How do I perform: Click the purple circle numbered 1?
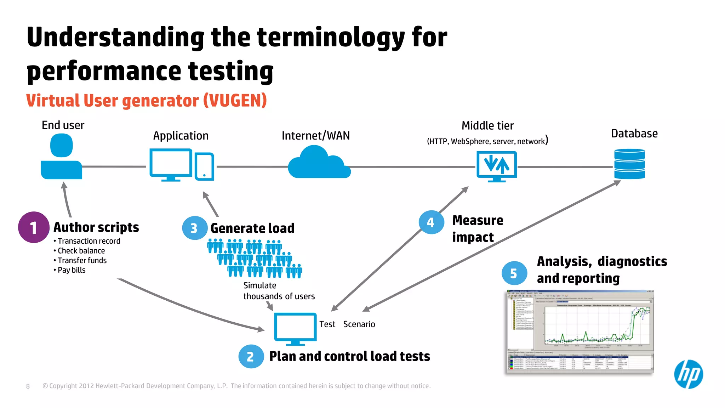(34, 227)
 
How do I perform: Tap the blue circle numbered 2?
(251, 356)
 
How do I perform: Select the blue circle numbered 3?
(194, 228)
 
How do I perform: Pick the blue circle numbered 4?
(431, 222)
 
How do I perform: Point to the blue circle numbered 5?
(514, 273)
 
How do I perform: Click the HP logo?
(688, 374)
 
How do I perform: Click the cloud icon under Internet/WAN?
(319, 164)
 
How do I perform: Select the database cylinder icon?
(629, 164)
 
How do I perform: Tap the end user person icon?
(62, 158)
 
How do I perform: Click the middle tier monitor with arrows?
(496, 166)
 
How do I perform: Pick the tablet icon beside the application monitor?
(204, 166)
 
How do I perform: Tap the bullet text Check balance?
(81, 251)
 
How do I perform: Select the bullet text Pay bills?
(72, 270)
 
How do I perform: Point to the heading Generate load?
(252, 228)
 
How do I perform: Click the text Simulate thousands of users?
(279, 291)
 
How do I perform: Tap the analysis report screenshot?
(580, 331)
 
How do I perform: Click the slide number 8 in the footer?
(28, 386)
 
